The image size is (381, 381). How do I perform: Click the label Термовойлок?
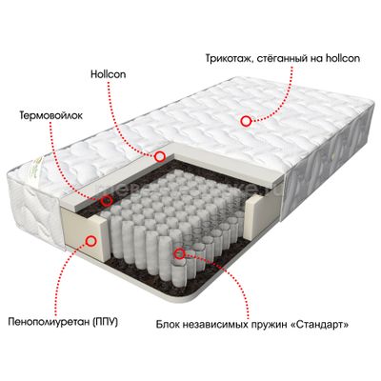(x=50, y=115)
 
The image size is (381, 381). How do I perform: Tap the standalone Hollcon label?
(x=108, y=74)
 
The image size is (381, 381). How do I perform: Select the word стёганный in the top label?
(x=279, y=59)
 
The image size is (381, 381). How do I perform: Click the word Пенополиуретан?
(x=50, y=322)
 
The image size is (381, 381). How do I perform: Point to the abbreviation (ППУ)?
(x=106, y=322)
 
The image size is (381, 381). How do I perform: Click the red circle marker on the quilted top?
(x=246, y=121)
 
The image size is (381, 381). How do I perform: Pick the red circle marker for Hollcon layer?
(x=160, y=156)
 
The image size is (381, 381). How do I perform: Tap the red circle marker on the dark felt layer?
(x=106, y=200)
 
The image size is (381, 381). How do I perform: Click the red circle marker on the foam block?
(x=91, y=241)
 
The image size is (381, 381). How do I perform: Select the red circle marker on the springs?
(x=180, y=253)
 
